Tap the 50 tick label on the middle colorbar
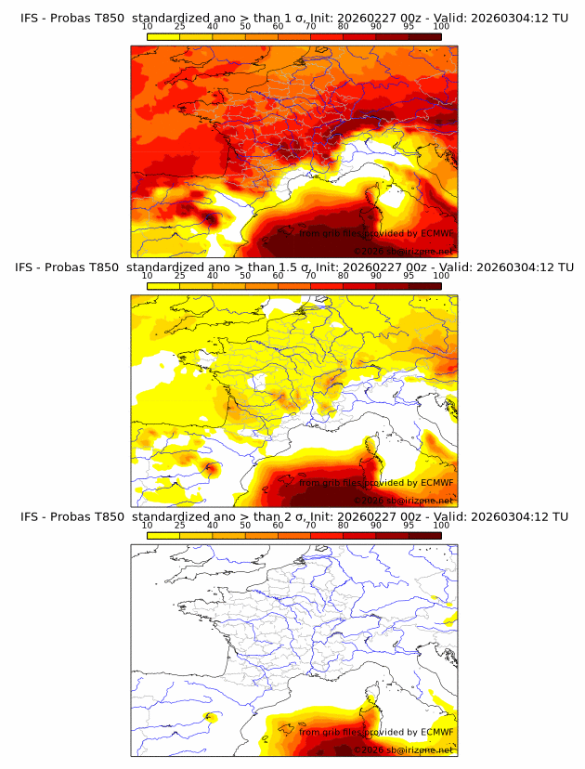245,275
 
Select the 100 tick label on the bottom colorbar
441,525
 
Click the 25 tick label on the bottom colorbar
180,525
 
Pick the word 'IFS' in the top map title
31,17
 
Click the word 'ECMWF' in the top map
436,233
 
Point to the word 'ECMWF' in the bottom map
436,732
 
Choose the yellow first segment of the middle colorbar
163,284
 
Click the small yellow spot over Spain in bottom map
210,717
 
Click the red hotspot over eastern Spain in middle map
211,467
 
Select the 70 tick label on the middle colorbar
311,275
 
